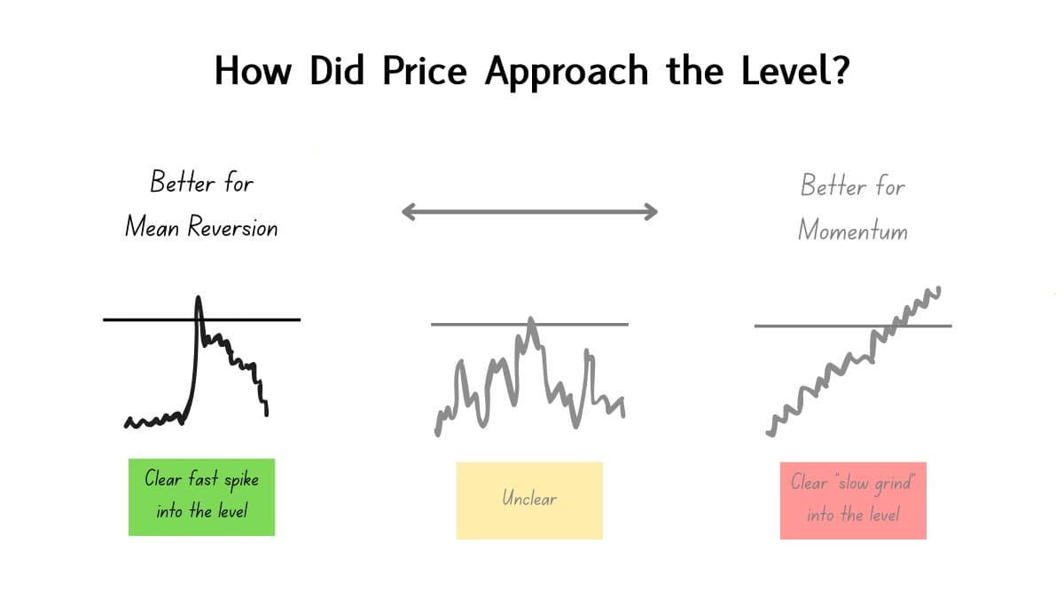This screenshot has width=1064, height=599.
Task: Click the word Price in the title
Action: coord(425,71)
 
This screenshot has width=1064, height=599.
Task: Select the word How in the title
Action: coord(253,71)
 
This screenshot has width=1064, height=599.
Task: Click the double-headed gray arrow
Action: coord(529,211)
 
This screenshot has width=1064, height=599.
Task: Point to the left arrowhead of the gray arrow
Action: coord(407,211)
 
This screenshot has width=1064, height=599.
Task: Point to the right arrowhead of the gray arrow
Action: coord(652,211)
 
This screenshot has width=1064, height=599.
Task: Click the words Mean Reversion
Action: coord(201,227)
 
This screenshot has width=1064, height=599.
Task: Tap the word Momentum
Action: coord(852,231)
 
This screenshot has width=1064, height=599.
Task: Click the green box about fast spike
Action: coord(201,497)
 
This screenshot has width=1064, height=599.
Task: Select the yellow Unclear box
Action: coord(529,500)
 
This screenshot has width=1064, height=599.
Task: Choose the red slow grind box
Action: coord(853,500)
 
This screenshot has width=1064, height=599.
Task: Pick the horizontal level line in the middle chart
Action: coord(470,324)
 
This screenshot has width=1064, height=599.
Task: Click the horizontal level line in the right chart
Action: coord(798,326)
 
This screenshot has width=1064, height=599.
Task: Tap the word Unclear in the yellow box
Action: coord(529,499)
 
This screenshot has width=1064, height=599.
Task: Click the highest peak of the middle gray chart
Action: coord(530,319)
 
